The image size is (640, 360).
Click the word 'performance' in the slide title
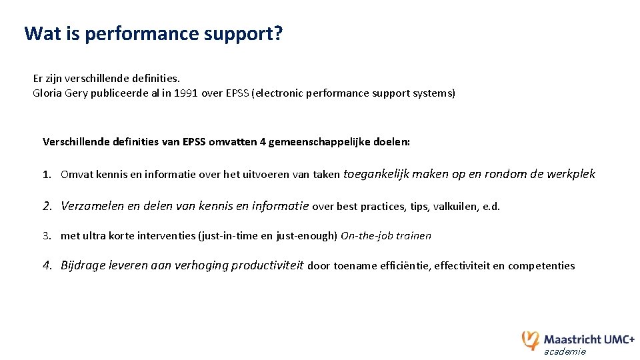(138, 33)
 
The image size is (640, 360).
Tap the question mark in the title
(277, 33)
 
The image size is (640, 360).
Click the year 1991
(186, 93)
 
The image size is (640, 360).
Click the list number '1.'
(47, 175)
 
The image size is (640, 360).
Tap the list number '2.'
(48, 206)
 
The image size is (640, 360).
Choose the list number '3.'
(47, 236)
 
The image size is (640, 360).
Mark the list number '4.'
(48, 265)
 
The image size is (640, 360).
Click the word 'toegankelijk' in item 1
(375, 174)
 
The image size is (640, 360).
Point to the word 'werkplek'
(571, 174)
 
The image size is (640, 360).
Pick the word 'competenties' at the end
(541, 266)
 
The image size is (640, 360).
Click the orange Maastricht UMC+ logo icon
(531, 339)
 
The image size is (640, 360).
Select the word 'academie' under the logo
(565, 351)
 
